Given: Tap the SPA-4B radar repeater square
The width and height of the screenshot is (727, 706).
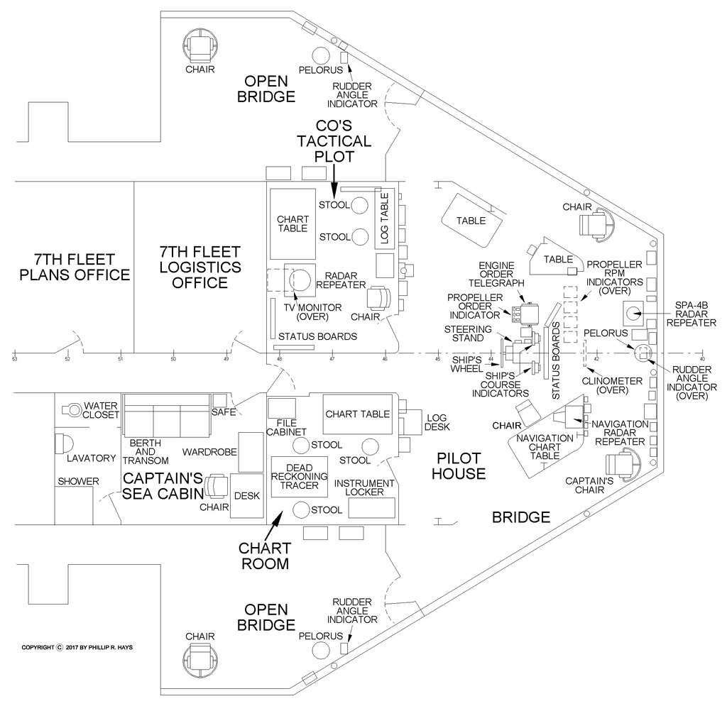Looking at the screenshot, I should click(x=633, y=311).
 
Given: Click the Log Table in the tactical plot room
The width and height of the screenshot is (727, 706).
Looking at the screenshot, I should click(x=384, y=219).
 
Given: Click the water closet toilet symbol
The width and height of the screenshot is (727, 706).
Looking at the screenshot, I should click(x=72, y=409).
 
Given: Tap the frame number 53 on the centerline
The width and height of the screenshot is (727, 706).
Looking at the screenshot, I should click(x=14, y=359).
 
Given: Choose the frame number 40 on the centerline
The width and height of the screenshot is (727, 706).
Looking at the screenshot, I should click(x=702, y=359).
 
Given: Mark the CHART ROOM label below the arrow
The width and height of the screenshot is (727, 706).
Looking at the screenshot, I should click(x=263, y=556).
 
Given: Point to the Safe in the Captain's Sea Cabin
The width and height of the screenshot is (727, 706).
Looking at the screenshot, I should click(x=219, y=401).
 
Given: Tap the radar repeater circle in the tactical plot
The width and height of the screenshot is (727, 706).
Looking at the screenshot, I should click(x=302, y=279).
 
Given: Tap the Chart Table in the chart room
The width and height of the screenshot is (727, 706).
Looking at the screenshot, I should click(x=358, y=414).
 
